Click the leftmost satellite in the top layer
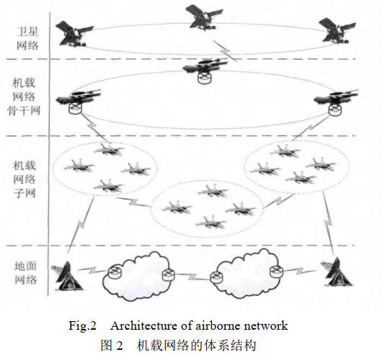(74, 34)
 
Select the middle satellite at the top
(204, 17)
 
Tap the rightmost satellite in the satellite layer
(337, 30)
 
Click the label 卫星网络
(27, 38)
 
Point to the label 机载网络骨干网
(24, 96)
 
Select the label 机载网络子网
(25, 179)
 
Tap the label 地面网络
(25, 273)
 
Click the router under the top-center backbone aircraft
(205, 78)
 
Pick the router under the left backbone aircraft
(75, 108)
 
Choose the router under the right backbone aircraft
(335, 109)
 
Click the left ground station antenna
(66, 276)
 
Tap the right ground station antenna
(337, 272)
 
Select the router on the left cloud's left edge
(115, 273)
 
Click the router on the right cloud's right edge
(277, 271)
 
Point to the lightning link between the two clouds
(192, 276)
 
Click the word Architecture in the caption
(144, 325)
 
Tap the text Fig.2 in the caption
(82, 325)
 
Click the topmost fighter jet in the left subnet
(109, 150)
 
